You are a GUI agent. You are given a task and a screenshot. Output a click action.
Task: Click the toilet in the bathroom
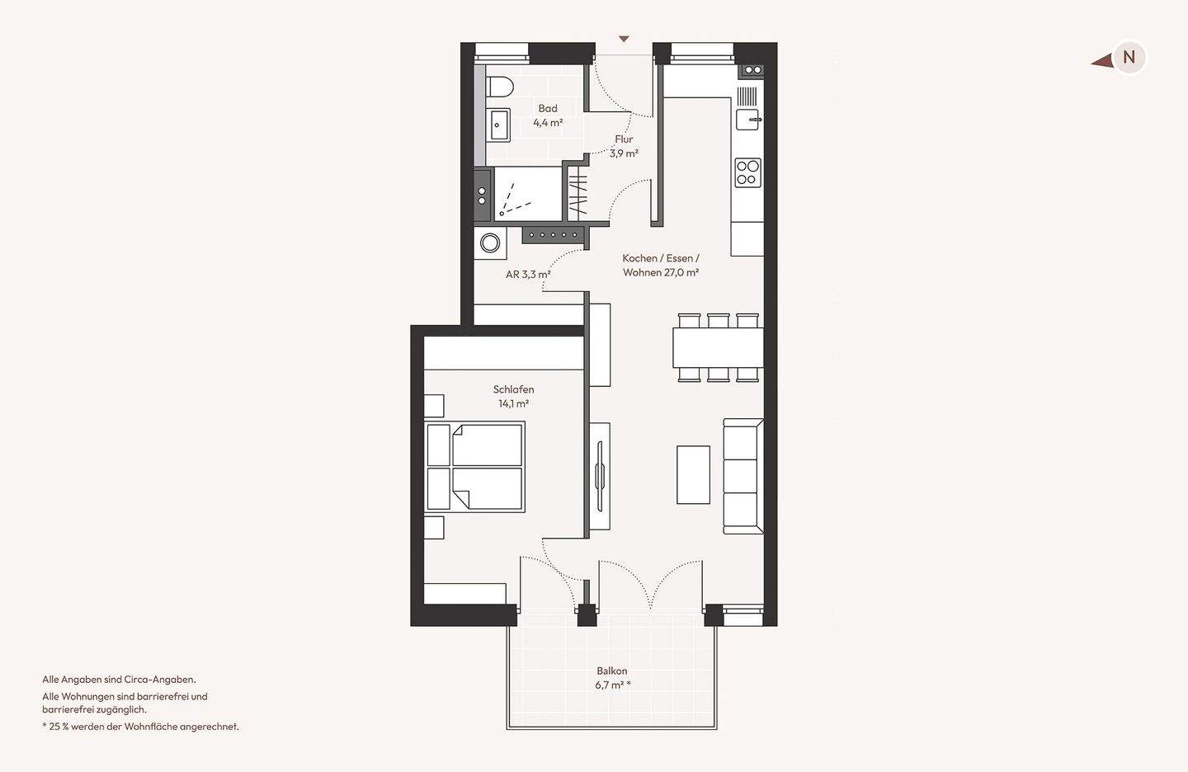[x=499, y=87]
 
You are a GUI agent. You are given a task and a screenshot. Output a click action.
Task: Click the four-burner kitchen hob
[x=747, y=173]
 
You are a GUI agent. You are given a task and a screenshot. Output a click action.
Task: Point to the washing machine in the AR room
[x=490, y=243]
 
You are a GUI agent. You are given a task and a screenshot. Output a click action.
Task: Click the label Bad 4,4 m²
[x=548, y=115]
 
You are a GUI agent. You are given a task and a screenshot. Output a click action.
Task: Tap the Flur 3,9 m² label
[x=624, y=146]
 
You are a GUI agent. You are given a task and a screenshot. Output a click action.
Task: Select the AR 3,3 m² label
[x=528, y=275]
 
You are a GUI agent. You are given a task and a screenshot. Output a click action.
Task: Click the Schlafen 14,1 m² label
[x=513, y=397]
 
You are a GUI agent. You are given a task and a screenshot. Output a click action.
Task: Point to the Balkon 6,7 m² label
[x=612, y=678]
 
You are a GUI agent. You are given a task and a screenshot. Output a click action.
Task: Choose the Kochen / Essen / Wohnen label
[x=661, y=265]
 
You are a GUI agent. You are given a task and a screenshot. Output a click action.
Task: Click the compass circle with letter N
[x=1129, y=57]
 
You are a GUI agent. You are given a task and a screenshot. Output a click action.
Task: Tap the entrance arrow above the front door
[x=625, y=39]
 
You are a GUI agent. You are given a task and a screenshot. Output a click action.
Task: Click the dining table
[x=718, y=348]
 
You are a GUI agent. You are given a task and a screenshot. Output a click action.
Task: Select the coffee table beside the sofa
[x=693, y=475]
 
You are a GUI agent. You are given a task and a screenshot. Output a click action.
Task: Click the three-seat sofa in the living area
[x=743, y=476]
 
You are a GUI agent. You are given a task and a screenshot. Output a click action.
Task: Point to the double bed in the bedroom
[x=474, y=467]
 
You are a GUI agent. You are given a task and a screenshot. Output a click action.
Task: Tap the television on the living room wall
[x=600, y=476]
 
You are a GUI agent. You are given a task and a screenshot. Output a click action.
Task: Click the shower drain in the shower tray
[x=502, y=214]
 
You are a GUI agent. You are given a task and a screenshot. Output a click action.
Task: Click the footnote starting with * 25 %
[x=140, y=727]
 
